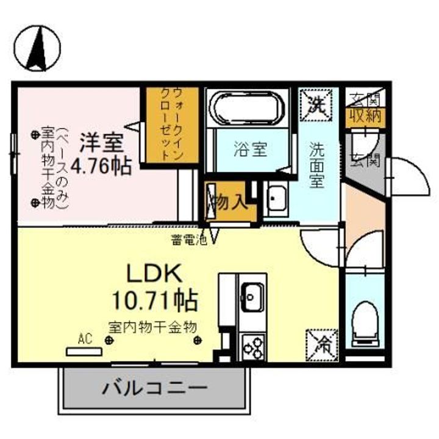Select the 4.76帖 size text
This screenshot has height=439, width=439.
click(x=101, y=166)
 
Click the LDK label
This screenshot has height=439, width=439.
click(x=153, y=273)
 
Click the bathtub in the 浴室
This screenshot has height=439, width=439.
click(x=247, y=109)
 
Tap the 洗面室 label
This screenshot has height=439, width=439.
click(x=316, y=165)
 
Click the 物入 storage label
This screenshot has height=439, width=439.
click(x=228, y=201)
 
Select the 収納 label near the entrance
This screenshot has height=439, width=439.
click(x=365, y=115)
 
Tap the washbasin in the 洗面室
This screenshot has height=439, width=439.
click(x=278, y=198)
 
